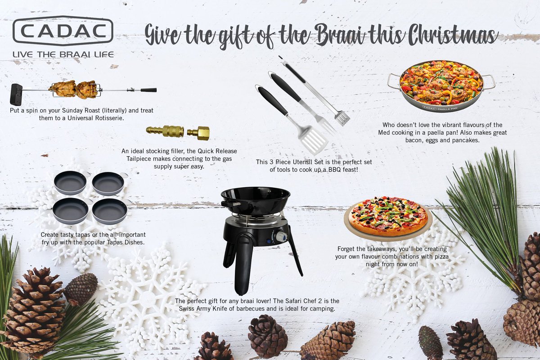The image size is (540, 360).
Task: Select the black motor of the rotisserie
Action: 16,94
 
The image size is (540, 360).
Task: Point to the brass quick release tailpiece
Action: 177,132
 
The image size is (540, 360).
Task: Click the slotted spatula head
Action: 314,140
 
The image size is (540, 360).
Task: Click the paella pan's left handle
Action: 393,81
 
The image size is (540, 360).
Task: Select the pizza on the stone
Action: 388,216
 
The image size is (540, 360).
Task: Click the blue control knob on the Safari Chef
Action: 281,236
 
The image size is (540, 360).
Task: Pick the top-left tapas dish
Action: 70,182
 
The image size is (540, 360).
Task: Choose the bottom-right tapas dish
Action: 110,211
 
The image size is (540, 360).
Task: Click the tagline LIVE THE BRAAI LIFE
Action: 63,54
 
